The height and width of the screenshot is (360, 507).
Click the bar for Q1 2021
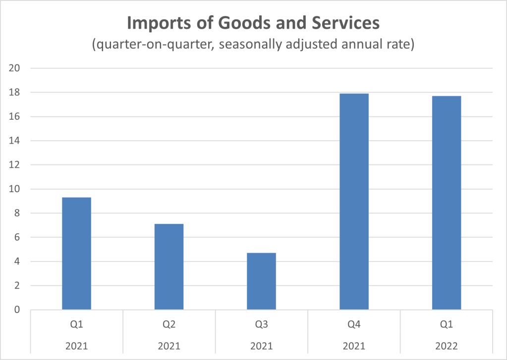[x=76, y=254]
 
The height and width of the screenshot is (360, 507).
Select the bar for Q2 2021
[x=169, y=267]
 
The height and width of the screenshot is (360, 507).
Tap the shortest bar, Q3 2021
[x=261, y=281]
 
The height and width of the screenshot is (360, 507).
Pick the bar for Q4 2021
[x=354, y=202]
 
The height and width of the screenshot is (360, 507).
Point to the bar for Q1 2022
[x=447, y=203]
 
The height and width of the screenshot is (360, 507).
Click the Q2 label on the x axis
[x=169, y=326]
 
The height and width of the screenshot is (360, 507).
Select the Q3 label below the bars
[x=261, y=326]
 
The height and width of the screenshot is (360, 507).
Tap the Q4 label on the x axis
[x=354, y=326]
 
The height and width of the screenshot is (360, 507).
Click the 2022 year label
[x=447, y=345]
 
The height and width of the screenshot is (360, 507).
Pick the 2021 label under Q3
[x=261, y=345]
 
